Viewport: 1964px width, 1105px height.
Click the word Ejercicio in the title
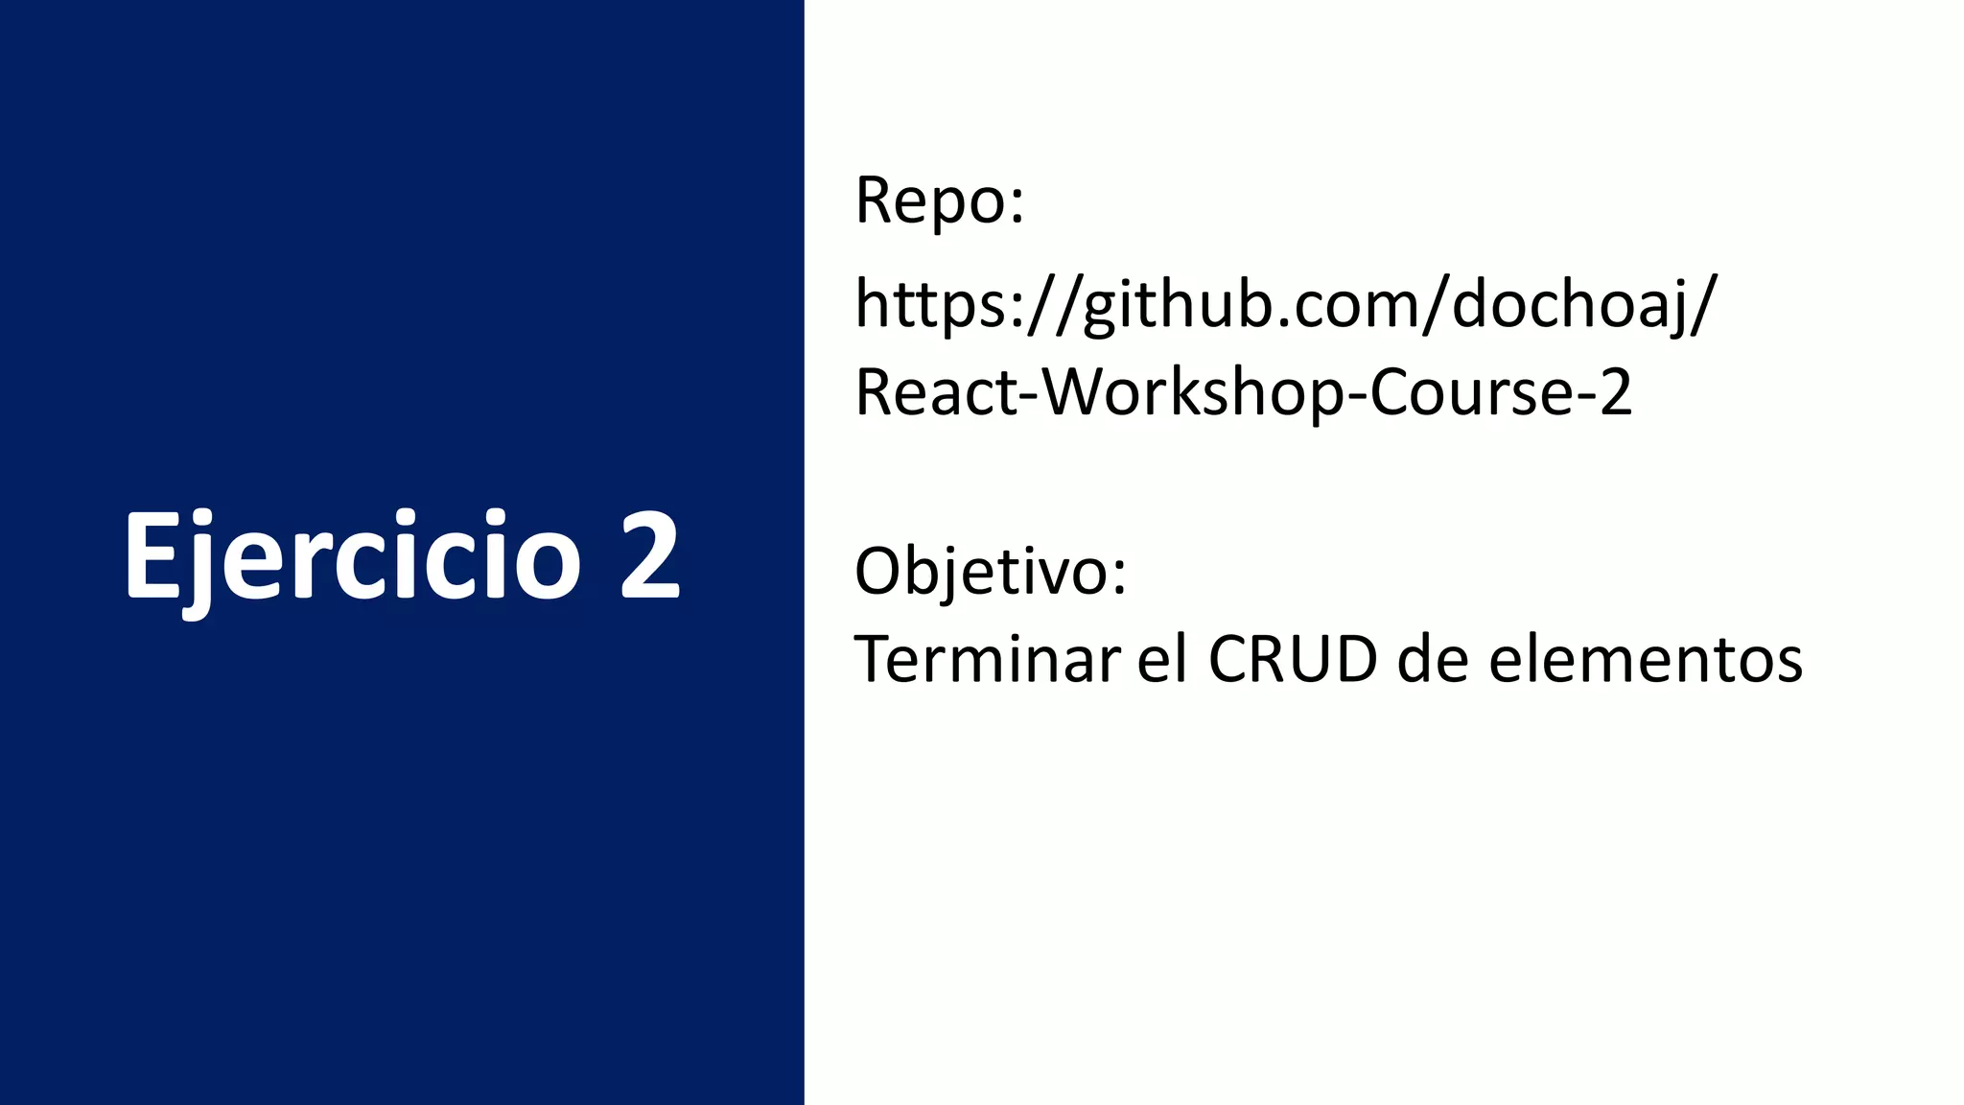click(352, 556)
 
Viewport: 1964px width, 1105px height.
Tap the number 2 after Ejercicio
click(650, 556)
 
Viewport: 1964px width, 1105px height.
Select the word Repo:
click(939, 201)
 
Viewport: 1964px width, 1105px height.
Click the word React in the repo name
click(936, 392)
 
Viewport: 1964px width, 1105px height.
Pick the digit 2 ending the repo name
click(1616, 392)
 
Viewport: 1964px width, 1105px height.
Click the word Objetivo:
click(990, 572)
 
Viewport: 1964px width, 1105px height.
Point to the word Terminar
click(987, 660)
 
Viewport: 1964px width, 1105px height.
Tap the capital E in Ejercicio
click(153, 556)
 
